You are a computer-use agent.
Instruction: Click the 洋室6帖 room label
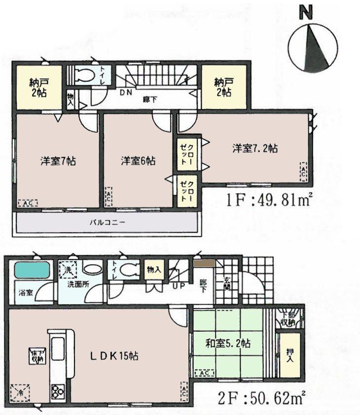(139, 161)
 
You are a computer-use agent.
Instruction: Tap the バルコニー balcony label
(107, 222)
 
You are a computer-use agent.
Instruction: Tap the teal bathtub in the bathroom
(32, 270)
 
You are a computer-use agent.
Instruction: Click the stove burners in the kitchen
(57, 391)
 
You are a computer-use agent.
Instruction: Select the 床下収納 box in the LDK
(37, 356)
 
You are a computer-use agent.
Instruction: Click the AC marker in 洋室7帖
(27, 203)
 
